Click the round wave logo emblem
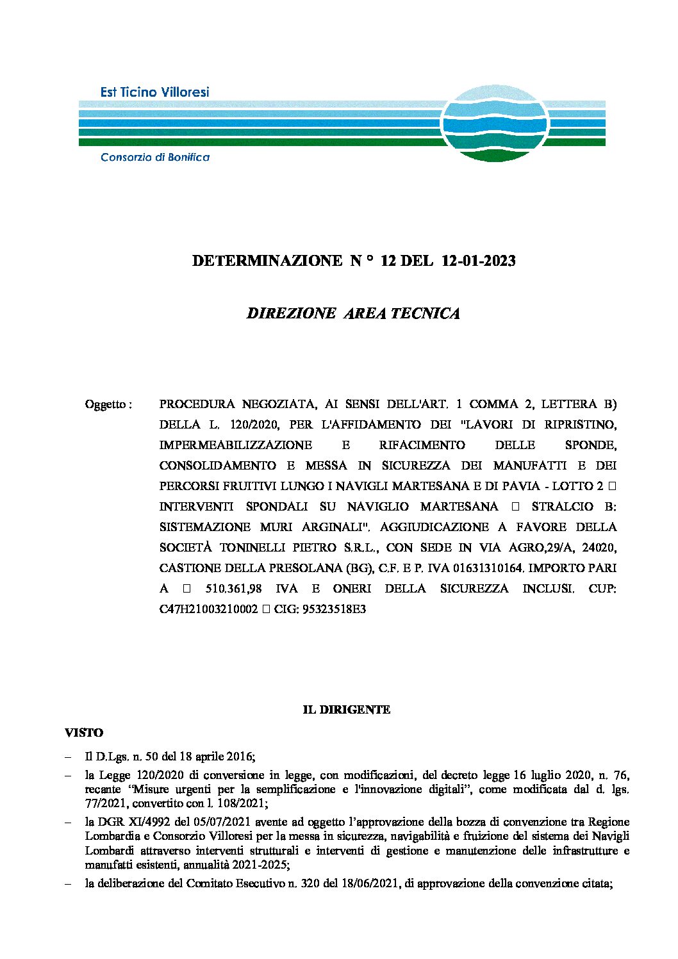(x=495, y=123)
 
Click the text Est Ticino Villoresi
(x=154, y=92)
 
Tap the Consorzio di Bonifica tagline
(x=155, y=158)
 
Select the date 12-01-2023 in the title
(x=479, y=261)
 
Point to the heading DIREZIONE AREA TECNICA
(x=353, y=313)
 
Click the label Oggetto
(x=108, y=405)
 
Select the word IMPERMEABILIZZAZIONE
(x=235, y=445)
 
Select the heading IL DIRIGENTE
(x=346, y=710)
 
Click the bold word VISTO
(x=84, y=733)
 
